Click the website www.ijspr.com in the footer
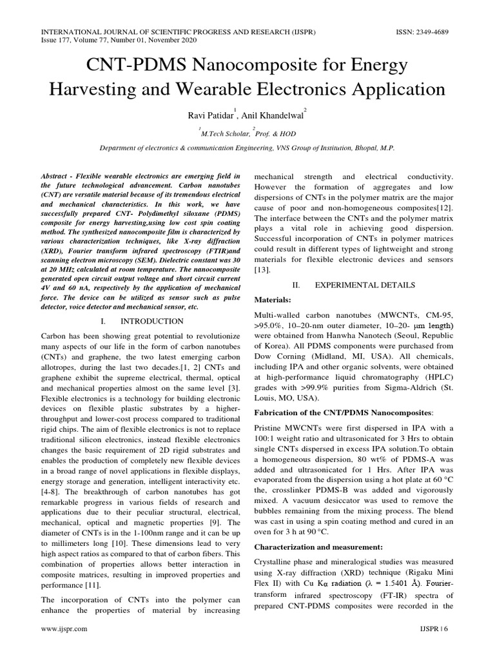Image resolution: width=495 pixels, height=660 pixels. pyautogui.click(x=64, y=645)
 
